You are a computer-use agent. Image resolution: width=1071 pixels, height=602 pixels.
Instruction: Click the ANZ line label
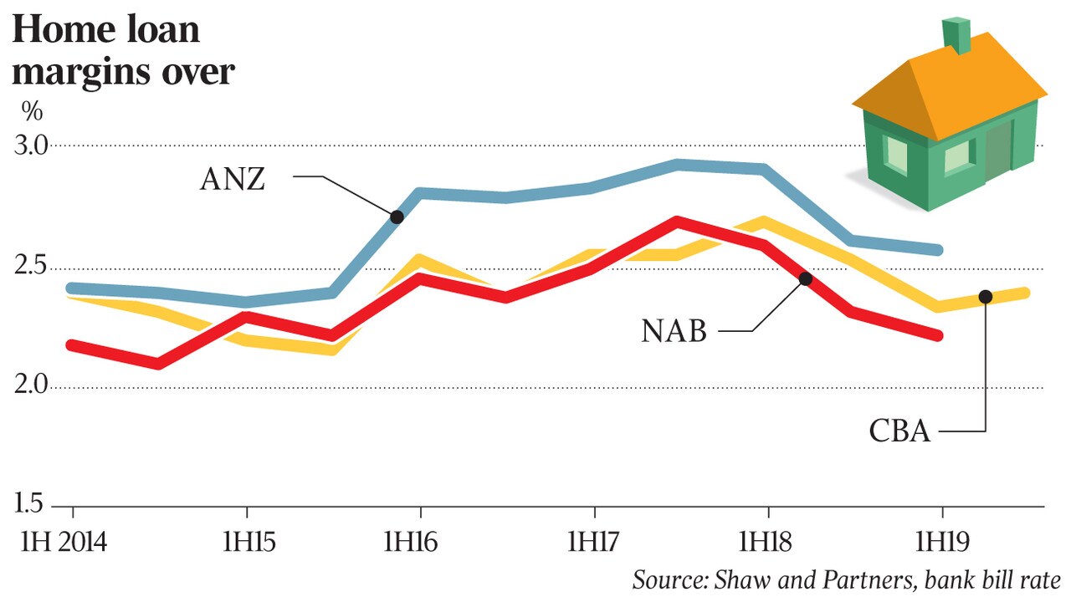(x=233, y=179)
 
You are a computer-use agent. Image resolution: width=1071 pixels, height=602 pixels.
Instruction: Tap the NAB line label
(x=674, y=332)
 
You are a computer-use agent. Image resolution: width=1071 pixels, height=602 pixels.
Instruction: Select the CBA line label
(x=899, y=431)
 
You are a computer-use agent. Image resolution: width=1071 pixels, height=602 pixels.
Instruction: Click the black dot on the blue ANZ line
(x=397, y=217)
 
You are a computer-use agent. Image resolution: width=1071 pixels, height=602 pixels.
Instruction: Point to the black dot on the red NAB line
(x=805, y=278)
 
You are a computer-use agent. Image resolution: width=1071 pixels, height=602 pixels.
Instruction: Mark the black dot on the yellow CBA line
(x=985, y=297)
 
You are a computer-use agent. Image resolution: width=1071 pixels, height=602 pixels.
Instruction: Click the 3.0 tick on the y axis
(x=33, y=146)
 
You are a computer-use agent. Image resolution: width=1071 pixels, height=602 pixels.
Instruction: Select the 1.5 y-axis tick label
(x=31, y=505)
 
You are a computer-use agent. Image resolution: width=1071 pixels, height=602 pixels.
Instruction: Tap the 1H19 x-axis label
(x=941, y=542)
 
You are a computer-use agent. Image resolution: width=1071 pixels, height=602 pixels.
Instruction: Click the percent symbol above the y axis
(x=32, y=111)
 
